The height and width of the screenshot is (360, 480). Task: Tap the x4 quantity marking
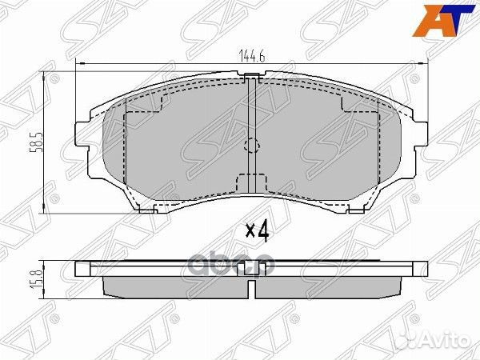[x=255, y=232]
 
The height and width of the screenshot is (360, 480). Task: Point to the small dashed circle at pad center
[x=251, y=146]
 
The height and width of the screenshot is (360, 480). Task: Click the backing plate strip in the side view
[x=251, y=267]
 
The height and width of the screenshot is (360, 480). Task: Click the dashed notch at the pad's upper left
[x=152, y=106]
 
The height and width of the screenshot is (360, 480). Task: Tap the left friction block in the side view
[x=172, y=286]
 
